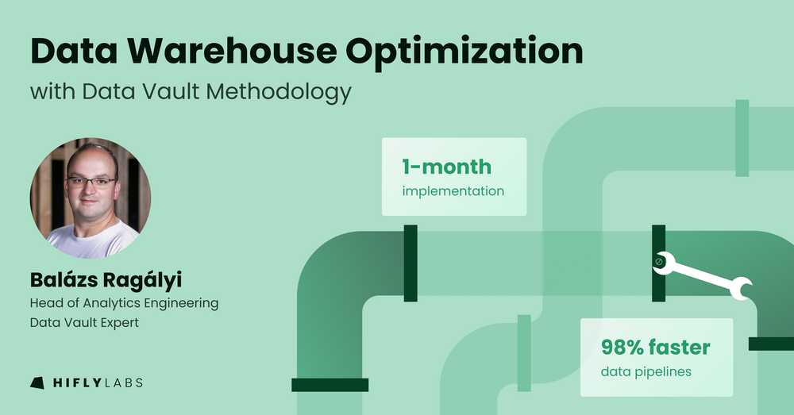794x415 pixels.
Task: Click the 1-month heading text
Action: pos(446,167)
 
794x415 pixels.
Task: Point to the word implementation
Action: pos(453,191)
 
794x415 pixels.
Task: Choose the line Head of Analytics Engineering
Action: pos(124,303)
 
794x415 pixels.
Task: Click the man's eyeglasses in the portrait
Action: pos(91,181)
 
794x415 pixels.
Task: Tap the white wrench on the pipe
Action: pos(707,275)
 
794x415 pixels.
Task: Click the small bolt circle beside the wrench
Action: pos(658,261)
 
